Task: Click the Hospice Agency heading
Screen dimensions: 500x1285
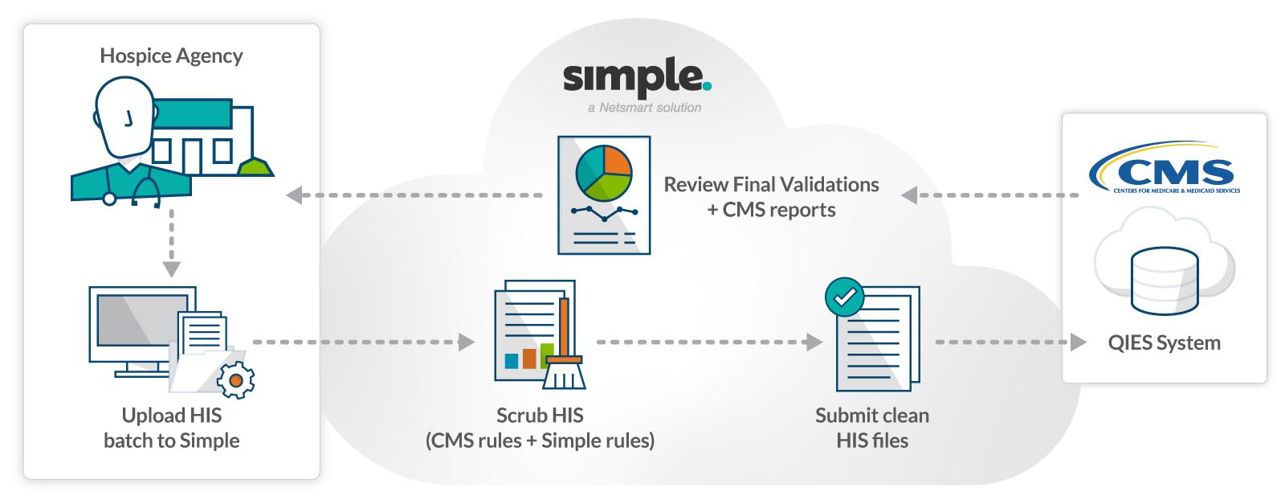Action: click(171, 55)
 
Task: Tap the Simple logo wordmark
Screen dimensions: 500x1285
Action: click(637, 79)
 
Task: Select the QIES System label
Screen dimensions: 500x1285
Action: click(1164, 343)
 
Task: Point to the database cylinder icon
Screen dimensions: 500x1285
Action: click(1165, 281)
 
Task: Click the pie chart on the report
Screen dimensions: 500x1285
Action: click(604, 173)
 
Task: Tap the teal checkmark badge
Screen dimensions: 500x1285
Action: click(844, 297)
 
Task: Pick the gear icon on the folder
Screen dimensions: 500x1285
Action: click(236, 379)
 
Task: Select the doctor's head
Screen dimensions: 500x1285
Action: click(124, 117)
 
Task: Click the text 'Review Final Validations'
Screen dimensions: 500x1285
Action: click(771, 185)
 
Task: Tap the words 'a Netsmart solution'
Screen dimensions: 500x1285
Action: click(644, 108)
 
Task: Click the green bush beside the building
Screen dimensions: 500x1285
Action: click(255, 167)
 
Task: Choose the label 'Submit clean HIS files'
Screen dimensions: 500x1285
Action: click(872, 428)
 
